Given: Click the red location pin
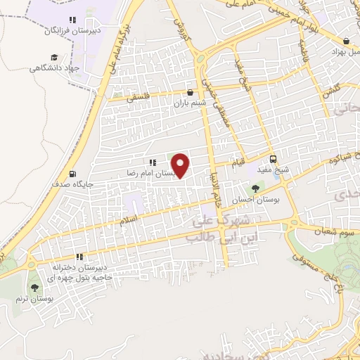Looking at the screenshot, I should [181, 165].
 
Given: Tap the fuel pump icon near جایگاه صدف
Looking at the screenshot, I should [72, 174].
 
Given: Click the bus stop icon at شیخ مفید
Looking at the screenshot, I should [273, 158].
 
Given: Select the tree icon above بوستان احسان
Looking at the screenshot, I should [255, 188].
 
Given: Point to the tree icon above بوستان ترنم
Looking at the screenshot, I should [34, 288].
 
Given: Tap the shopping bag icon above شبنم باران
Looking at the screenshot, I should [190, 91].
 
